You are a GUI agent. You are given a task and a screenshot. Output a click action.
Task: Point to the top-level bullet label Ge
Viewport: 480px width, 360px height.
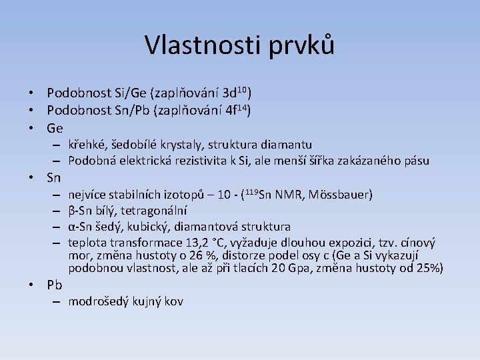pos(55,127)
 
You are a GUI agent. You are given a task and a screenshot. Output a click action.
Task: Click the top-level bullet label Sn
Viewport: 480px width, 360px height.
pos(55,177)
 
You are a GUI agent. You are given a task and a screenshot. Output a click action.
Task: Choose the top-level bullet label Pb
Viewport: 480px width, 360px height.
pos(55,285)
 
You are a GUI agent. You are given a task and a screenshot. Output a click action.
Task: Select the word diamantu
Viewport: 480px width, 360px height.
pos(285,145)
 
